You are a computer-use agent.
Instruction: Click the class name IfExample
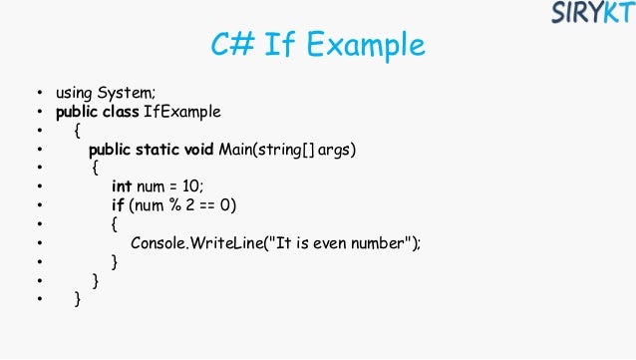[x=182, y=112]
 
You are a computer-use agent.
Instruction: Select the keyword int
[x=122, y=186]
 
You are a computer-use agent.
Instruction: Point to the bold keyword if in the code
[x=117, y=205]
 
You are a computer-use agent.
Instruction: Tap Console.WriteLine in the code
[x=192, y=243]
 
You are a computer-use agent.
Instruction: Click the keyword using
[x=74, y=93]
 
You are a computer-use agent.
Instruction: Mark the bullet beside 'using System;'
[x=38, y=94]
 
